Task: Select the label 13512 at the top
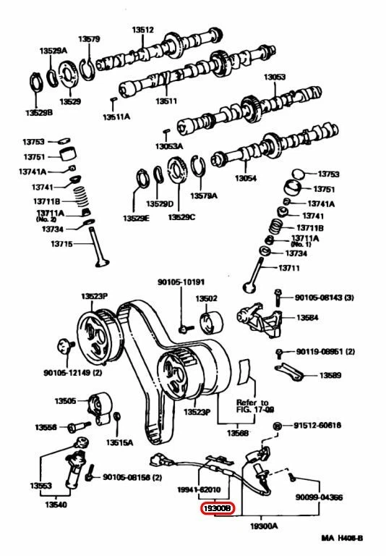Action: (142, 30)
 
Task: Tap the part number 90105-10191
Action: (181, 282)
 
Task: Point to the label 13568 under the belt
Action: (238, 432)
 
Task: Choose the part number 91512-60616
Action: (318, 426)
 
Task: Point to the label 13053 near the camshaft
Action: (275, 77)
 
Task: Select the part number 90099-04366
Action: (318, 497)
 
